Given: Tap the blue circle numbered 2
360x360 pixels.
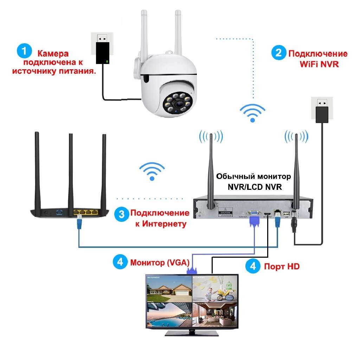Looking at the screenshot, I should (x=278, y=53).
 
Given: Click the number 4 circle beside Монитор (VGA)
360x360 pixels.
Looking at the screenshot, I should (x=120, y=262).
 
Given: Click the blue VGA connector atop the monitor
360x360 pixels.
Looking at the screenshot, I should (x=192, y=270).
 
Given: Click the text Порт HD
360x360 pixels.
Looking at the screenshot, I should (x=282, y=266).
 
